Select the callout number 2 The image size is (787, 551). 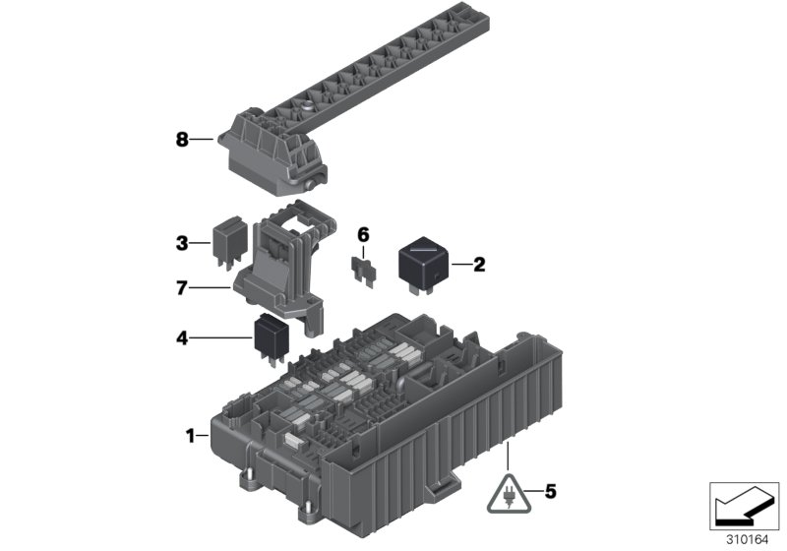pos(479,264)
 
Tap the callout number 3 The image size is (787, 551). pos(182,241)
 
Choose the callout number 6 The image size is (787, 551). pos(362,234)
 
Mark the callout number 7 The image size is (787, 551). pos(182,287)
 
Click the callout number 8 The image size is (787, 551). pos(182,141)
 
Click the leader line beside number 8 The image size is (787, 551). pos(202,141)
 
